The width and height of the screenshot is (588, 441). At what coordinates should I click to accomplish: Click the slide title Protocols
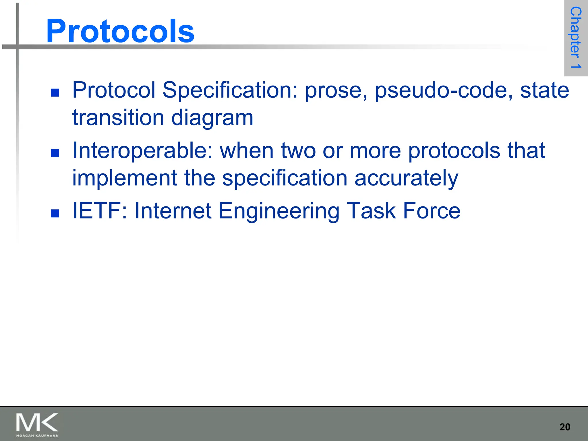(120, 31)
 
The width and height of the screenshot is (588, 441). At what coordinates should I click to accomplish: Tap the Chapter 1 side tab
(576, 38)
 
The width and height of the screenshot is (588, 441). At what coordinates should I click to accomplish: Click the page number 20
(564, 427)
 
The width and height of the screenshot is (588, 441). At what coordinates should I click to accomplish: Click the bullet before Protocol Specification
(55, 93)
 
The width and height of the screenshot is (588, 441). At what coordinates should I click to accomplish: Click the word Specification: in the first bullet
(230, 90)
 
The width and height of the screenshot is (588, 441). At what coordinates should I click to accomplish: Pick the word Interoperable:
(142, 150)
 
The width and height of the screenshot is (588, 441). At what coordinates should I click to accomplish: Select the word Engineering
(279, 211)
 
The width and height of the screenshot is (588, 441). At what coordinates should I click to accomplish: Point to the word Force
(432, 211)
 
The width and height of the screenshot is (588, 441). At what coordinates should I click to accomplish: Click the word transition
(118, 118)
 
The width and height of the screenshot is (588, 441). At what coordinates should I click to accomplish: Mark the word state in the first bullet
(544, 90)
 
